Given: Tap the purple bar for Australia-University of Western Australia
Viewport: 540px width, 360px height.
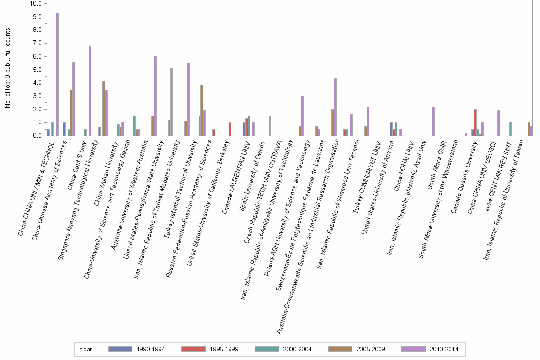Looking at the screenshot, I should pos(155,96).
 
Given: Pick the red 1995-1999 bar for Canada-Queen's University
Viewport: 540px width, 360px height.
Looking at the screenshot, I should pos(475,122).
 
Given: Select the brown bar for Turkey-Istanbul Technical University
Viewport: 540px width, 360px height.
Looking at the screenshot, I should pos(202,110).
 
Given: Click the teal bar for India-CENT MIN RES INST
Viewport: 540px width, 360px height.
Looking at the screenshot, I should pos(510,129).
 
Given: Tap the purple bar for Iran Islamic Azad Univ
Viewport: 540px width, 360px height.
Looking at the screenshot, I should pos(433,121).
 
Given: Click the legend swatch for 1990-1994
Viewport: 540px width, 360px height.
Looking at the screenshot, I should pos(120,349).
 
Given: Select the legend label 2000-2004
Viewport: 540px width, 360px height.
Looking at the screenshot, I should pos(297,349).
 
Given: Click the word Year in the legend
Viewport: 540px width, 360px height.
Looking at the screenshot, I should pos(86,349).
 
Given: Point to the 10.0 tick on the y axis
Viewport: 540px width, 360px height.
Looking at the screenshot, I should pos(36,3).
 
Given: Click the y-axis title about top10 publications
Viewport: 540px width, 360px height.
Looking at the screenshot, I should pos(8,68).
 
